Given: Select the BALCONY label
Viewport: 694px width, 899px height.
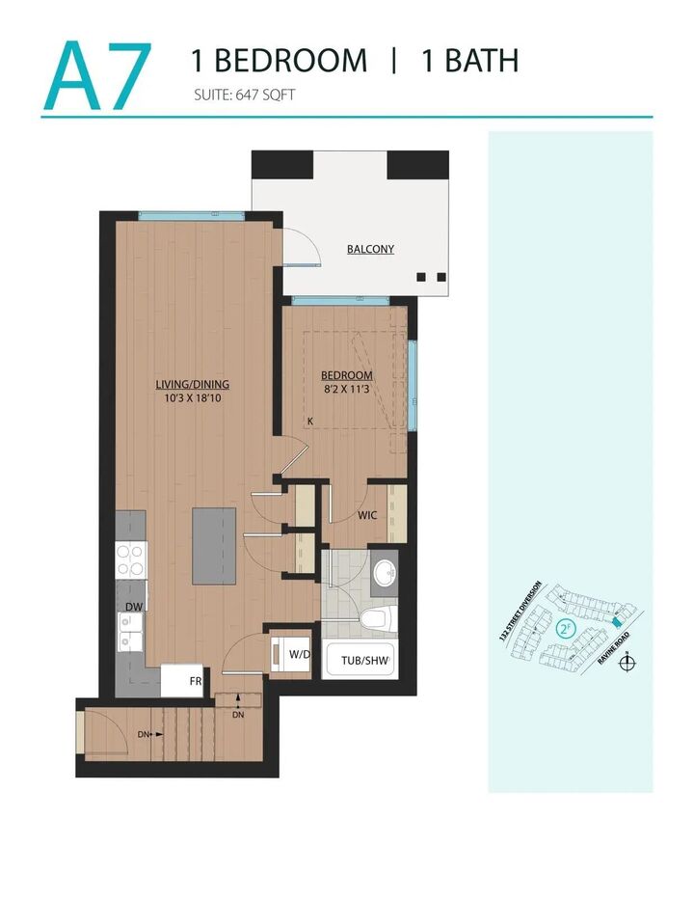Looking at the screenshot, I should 370,249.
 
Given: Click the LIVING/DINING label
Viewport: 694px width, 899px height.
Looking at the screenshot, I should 193,384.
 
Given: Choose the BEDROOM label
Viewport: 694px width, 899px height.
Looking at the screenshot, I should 348,375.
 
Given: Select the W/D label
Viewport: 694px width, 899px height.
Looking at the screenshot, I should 299,655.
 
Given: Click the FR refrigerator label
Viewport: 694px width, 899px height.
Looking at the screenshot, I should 196,680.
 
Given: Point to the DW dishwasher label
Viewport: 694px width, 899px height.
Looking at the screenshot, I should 133,607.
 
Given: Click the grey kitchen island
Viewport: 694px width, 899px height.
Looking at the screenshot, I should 213,546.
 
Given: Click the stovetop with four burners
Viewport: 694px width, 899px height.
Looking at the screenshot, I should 131,560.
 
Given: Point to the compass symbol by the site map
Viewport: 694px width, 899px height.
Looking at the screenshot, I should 628,663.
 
